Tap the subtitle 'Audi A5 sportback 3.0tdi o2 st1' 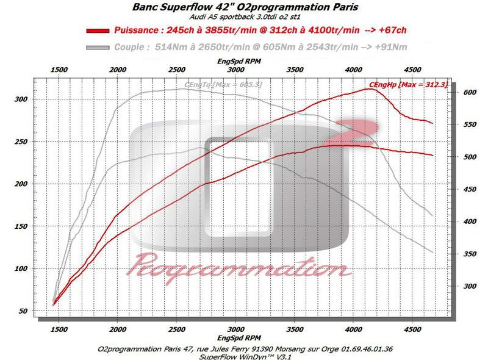point(244,18)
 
